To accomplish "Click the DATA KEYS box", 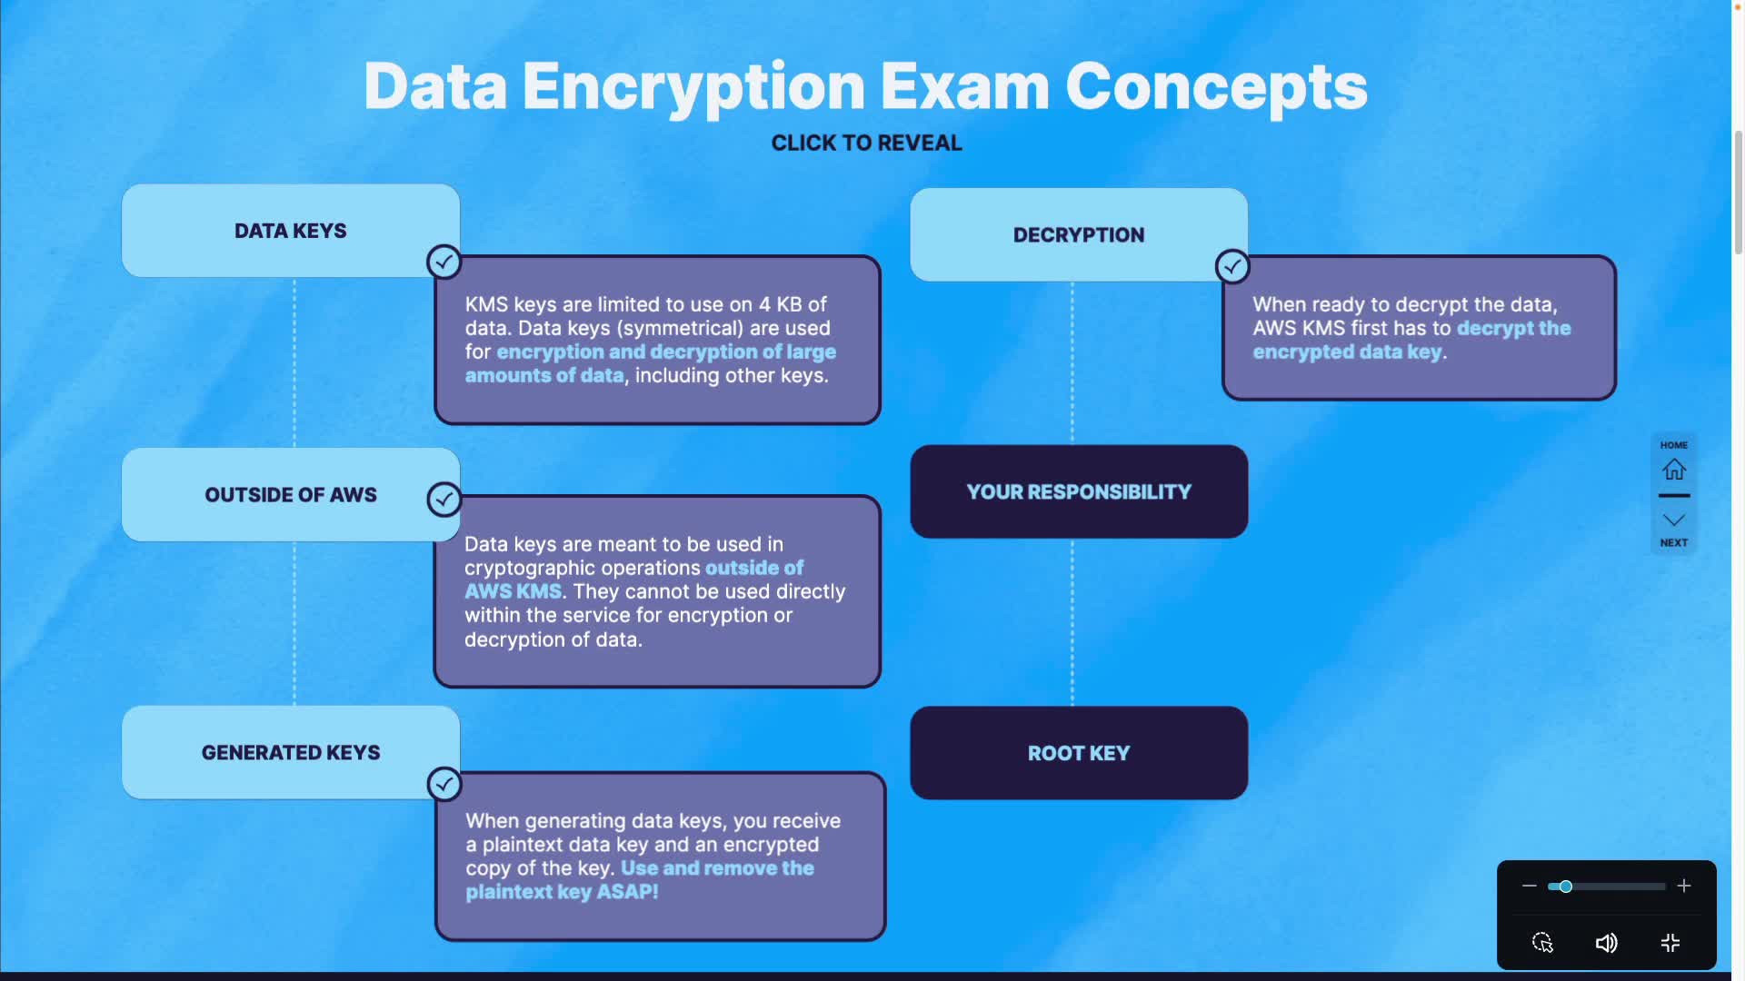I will point(290,231).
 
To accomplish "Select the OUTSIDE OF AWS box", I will point(290,495).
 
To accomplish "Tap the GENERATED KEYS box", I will point(290,753).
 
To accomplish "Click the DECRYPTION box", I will point(1078,235).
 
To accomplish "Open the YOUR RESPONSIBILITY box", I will point(1078,492).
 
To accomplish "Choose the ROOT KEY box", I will point(1078,753).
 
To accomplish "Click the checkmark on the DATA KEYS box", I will point(444,263).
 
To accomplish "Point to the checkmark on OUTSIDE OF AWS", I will point(444,499).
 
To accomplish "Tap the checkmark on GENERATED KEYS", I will point(444,784).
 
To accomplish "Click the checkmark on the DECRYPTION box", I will point(1232,267).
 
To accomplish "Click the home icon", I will point(1673,470).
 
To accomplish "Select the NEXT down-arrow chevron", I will point(1673,520).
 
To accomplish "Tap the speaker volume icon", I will point(1606,943).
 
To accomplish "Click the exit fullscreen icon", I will point(1670,943).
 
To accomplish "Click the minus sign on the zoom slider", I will point(1529,886).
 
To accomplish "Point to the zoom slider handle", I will point(1565,887).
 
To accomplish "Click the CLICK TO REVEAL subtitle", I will point(866,144).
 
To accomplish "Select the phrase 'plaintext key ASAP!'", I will point(562,892).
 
